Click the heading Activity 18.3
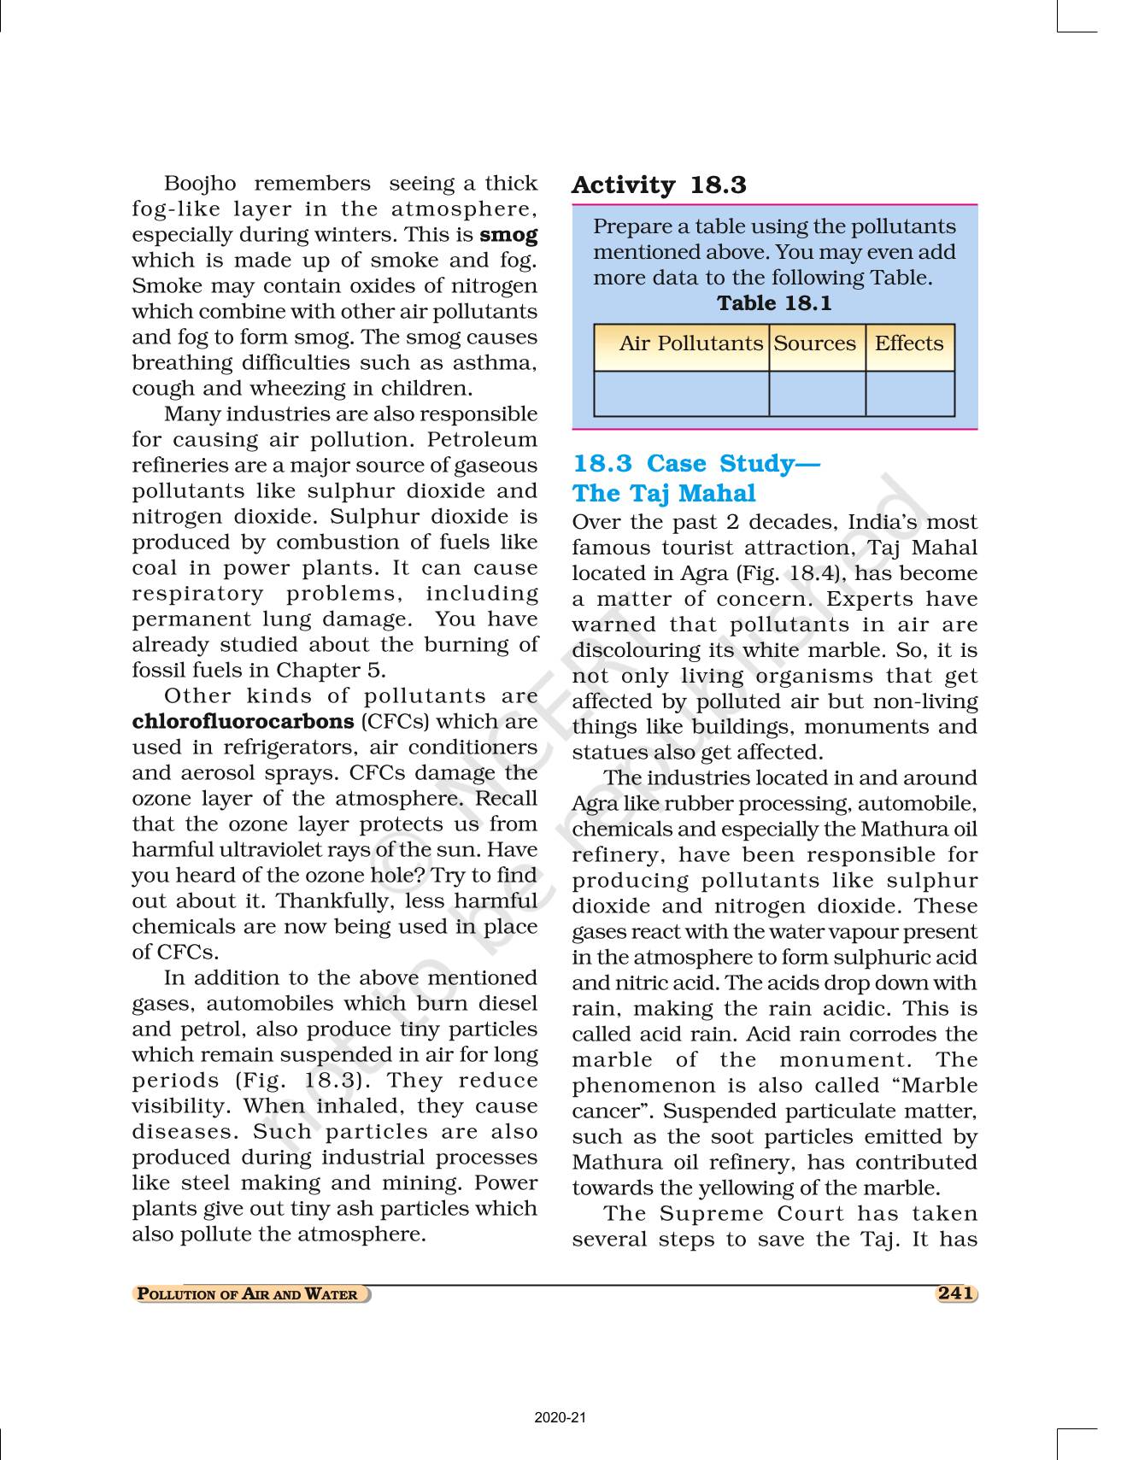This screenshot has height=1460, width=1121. tap(659, 185)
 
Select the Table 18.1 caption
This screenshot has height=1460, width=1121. tap(774, 303)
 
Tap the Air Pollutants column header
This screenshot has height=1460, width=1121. tap(690, 343)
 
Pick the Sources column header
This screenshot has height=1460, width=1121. tap(814, 343)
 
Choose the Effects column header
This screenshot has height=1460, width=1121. tap(909, 343)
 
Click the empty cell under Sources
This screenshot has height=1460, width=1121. tap(817, 394)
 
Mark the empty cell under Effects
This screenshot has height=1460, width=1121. tap(909, 394)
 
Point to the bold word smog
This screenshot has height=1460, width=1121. tap(509, 235)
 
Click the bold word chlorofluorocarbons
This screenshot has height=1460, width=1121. tap(244, 722)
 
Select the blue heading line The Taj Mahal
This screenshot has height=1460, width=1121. tap(664, 494)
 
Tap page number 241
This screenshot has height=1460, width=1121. tap(954, 1293)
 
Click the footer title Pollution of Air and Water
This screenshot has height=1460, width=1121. tap(248, 1294)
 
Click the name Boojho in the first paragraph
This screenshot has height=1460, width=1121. tap(196, 184)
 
